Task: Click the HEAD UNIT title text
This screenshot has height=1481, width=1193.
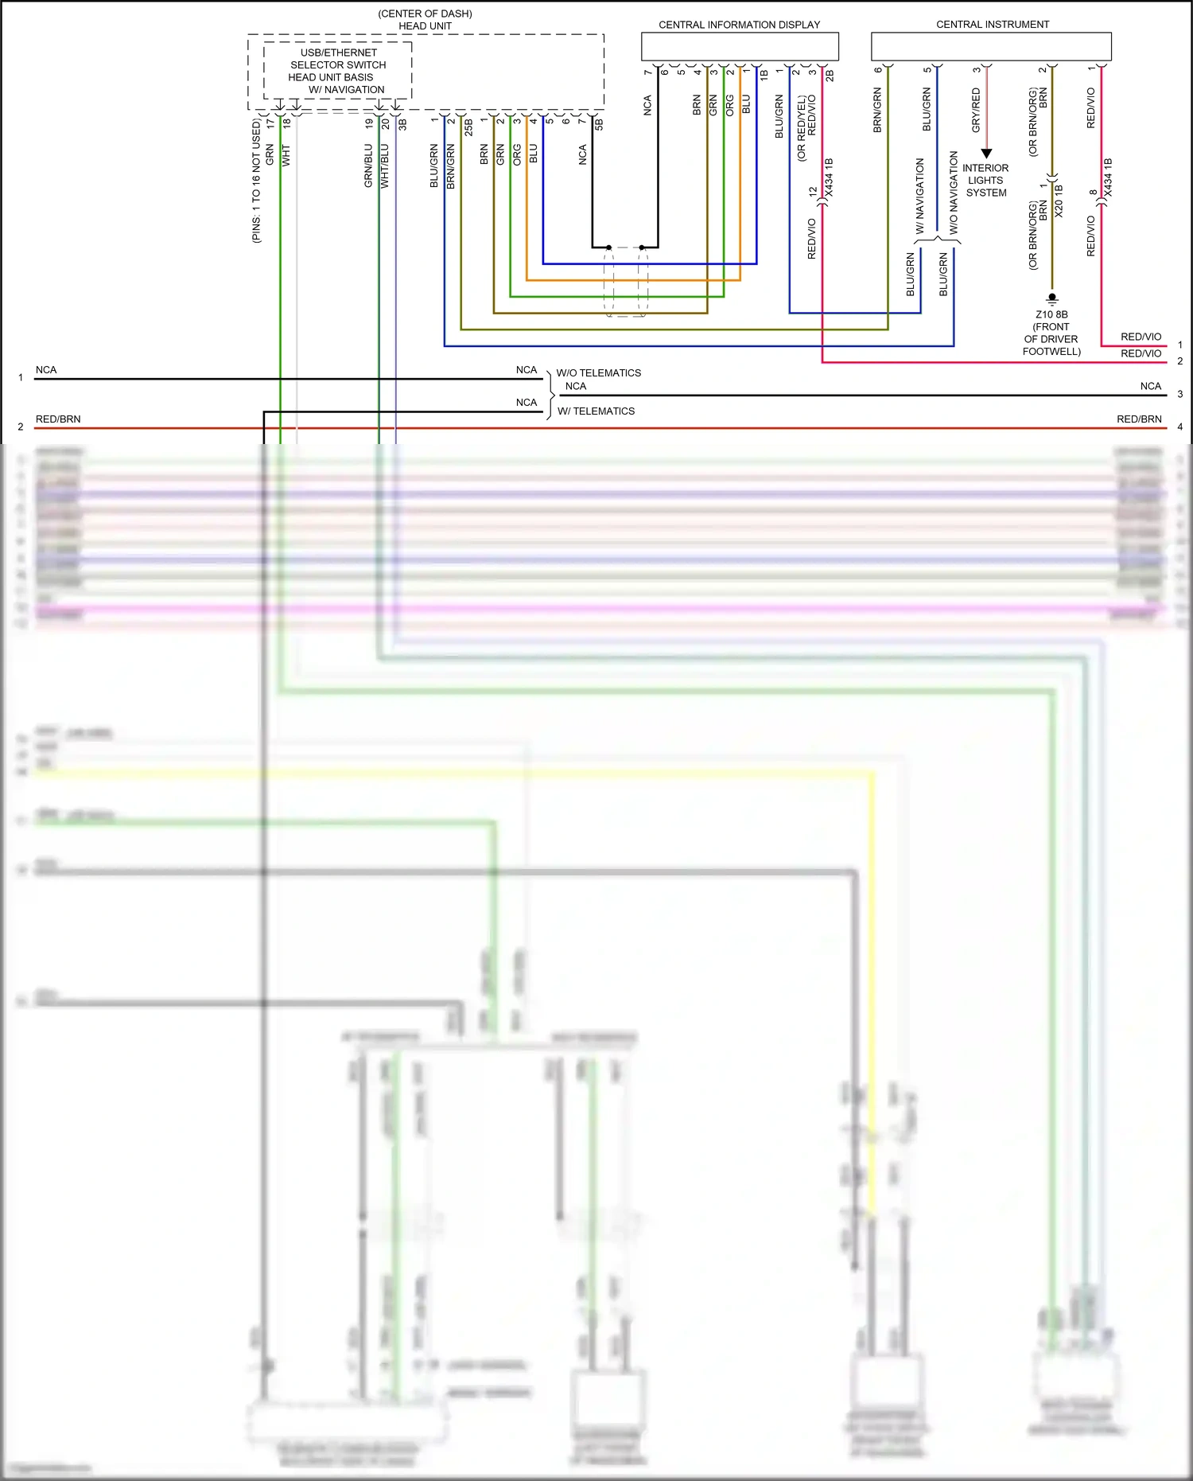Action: click(425, 25)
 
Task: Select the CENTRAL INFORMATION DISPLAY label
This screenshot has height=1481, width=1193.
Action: click(739, 25)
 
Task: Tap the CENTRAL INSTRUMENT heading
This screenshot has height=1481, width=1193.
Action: click(992, 25)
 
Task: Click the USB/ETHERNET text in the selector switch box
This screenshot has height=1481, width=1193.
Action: click(338, 53)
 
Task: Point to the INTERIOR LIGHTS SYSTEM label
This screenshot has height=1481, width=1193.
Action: click(985, 181)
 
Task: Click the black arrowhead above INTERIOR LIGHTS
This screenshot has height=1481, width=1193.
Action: click(986, 153)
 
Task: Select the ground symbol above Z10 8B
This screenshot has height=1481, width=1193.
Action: click(1051, 299)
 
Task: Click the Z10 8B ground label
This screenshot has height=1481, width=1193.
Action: click(1051, 314)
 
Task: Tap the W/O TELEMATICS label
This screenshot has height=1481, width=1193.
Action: click(598, 372)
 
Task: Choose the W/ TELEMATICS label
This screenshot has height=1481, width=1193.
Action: click(596, 411)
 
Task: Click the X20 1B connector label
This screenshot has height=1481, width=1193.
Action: click(1059, 201)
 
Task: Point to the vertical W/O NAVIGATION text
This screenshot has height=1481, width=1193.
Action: click(954, 192)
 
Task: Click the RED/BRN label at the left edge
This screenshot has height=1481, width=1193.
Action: click(58, 419)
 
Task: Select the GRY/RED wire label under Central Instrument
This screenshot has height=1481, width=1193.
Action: click(976, 110)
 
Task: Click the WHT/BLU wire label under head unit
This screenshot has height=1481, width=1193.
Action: click(385, 166)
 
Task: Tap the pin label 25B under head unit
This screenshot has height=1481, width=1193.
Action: click(468, 127)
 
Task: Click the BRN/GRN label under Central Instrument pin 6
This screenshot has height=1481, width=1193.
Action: click(877, 110)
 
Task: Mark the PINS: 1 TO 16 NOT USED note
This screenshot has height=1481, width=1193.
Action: click(256, 181)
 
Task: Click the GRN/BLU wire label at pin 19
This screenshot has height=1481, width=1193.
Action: click(368, 166)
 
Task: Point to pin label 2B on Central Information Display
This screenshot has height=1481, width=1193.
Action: click(830, 76)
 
